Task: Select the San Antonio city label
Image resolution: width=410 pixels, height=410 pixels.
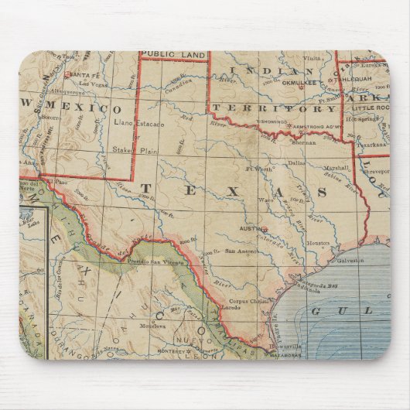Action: pyautogui.click(x=241, y=251)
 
